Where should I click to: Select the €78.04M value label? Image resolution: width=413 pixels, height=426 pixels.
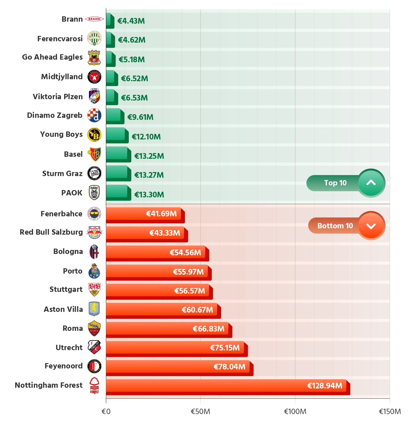click(x=229, y=367)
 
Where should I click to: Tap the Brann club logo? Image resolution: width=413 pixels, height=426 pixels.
click(x=94, y=19)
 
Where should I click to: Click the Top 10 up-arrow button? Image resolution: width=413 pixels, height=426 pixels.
click(x=371, y=183)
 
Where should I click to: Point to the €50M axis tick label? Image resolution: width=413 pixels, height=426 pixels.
click(x=200, y=412)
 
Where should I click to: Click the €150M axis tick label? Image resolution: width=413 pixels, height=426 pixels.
click(x=389, y=412)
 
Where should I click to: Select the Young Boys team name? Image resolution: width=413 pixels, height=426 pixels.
click(x=61, y=134)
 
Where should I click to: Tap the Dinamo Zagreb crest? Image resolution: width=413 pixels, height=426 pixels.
click(x=94, y=115)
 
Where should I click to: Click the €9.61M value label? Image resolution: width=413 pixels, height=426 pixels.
click(x=140, y=117)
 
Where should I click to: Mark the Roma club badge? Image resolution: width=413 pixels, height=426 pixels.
click(x=94, y=329)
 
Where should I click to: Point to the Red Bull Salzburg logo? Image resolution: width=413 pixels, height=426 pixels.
click(x=94, y=232)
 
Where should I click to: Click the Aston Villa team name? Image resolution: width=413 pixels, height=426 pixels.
click(x=63, y=310)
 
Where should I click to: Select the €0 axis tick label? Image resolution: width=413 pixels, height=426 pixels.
click(x=106, y=412)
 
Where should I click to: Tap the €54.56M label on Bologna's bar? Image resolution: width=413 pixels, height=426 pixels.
click(x=185, y=253)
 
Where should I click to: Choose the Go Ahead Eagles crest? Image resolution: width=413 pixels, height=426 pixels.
click(x=94, y=58)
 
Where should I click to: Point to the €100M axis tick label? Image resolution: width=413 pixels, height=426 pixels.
click(x=295, y=412)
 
